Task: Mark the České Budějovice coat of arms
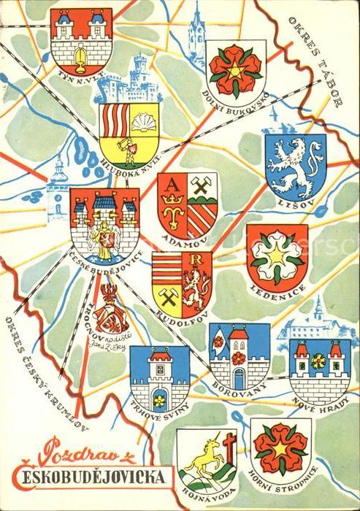104,221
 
